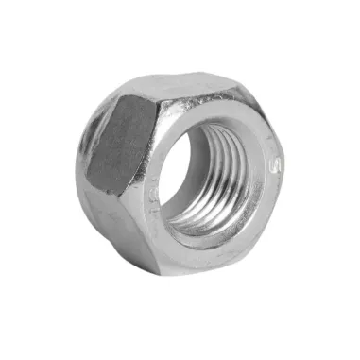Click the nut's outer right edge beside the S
[x=286, y=175]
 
